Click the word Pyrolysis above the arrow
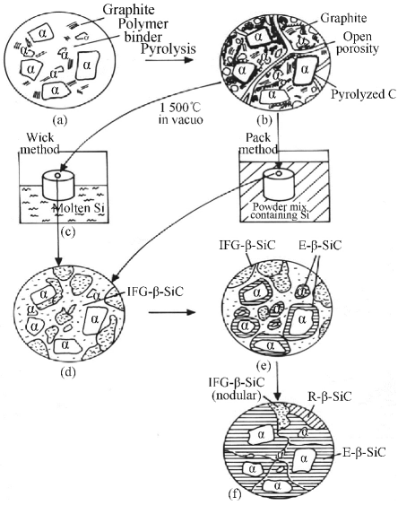[169, 48]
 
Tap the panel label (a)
[60, 120]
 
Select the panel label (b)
[264, 120]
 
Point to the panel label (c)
[67, 231]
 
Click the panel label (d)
[67, 372]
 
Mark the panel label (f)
[234, 494]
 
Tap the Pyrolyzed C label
[364, 94]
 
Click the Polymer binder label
[143, 30]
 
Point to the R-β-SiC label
[330, 396]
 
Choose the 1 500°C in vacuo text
[181, 113]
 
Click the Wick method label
[40, 144]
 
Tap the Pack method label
[258, 143]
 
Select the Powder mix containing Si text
[279, 211]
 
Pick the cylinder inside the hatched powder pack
[279, 184]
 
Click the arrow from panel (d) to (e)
[172, 312]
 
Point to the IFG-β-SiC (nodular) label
[237, 388]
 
